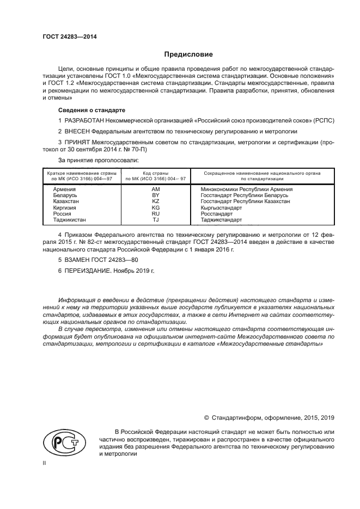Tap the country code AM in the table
pos(155,189)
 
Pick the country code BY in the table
pos(155,195)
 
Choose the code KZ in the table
pos(155,201)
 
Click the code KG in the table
pos(155,207)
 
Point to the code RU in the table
pos(155,214)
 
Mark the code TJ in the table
pos(155,220)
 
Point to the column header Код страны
pos(155,173)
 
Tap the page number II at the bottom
pos(45,462)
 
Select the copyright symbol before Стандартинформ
pos(206,418)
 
